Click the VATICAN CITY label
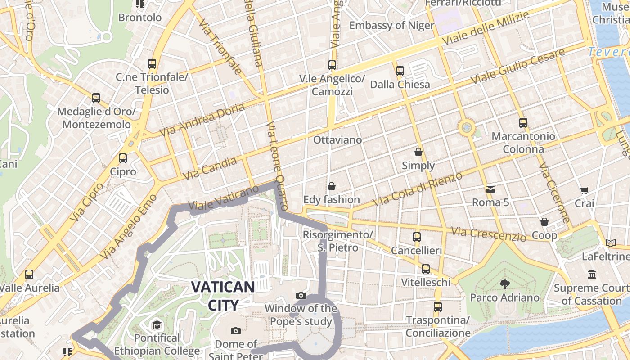pyautogui.click(x=223, y=296)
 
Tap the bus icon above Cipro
pyautogui.click(x=123, y=158)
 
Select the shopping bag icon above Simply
pyautogui.click(x=418, y=152)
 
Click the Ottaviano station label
pyautogui.click(x=337, y=140)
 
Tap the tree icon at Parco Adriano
pyautogui.click(x=504, y=284)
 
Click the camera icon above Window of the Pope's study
pyautogui.click(x=301, y=296)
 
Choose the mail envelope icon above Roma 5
pyautogui.click(x=490, y=189)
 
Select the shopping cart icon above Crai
pyautogui.click(x=584, y=190)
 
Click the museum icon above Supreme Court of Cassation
pyautogui.click(x=592, y=274)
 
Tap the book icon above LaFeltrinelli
pyautogui.click(x=611, y=243)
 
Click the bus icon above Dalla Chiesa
pyautogui.click(x=400, y=71)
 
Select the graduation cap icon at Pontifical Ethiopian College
pyautogui.click(x=157, y=324)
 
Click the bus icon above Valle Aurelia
pyautogui.click(x=29, y=274)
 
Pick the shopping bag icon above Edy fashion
pyautogui.click(x=332, y=186)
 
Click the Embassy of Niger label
pyautogui.click(x=392, y=25)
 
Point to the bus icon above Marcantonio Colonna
pyautogui.click(x=523, y=122)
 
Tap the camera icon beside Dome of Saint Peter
pyautogui.click(x=235, y=331)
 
